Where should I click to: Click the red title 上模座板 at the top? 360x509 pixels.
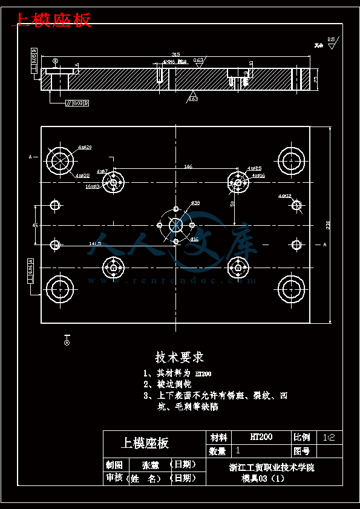52,20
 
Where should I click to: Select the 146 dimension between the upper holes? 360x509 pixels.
188,166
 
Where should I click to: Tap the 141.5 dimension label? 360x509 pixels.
95,243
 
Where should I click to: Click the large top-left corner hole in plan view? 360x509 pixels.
61,162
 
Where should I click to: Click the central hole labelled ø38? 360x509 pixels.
176,225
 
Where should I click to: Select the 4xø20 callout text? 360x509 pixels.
85,147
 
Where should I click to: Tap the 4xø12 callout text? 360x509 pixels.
284,196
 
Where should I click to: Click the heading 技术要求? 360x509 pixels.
180,356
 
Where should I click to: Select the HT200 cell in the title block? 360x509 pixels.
261,437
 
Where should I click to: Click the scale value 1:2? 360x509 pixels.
329,437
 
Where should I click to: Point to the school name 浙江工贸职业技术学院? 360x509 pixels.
271,467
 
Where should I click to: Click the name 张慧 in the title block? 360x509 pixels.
151,465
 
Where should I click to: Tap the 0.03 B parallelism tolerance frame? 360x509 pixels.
77,103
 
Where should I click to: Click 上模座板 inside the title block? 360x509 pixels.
145,443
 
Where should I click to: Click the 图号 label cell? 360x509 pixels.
303,451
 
